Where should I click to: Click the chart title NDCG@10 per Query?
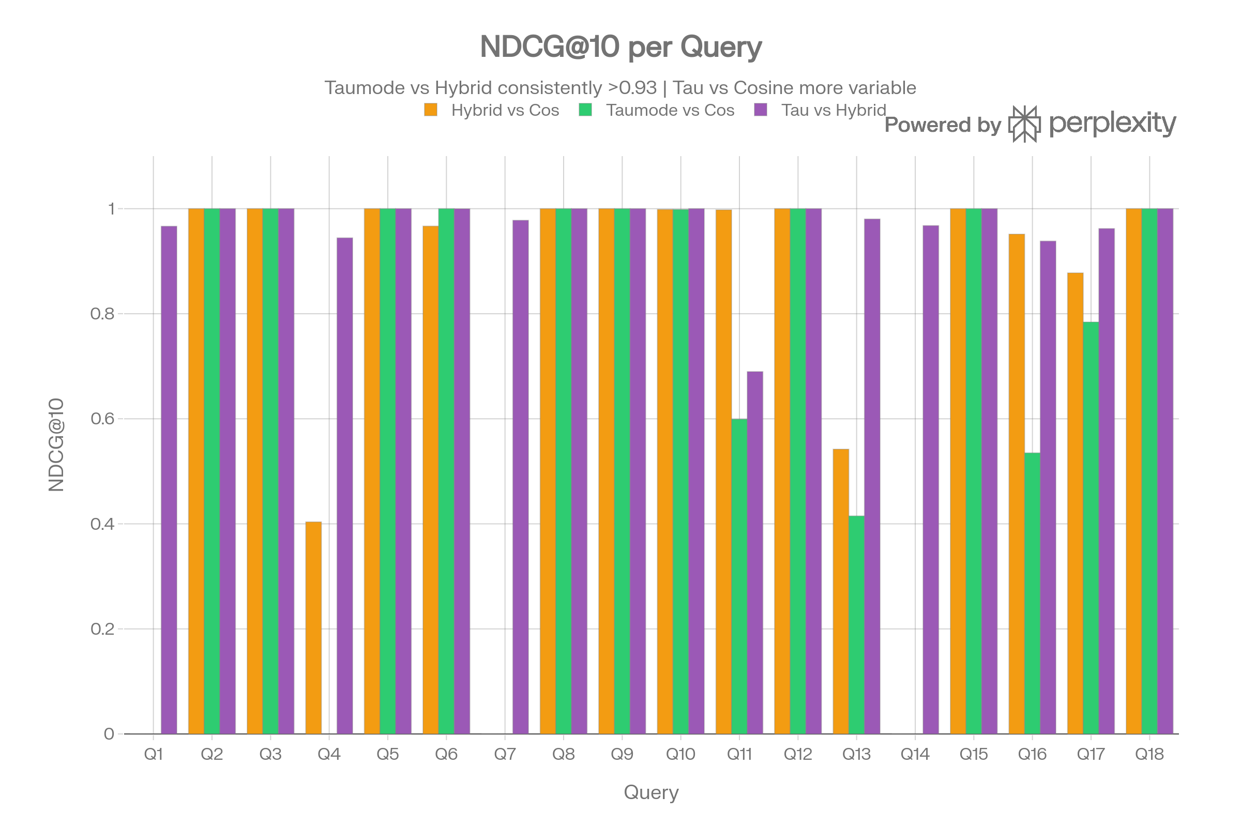click(620, 47)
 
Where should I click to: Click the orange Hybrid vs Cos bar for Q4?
click(313, 627)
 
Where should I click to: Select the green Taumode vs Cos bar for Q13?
click(856, 625)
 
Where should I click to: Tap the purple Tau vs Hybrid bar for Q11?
click(755, 553)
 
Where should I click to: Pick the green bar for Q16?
click(1032, 593)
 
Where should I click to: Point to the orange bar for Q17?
click(1075, 503)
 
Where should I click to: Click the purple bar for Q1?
click(169, 480)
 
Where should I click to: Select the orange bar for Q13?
click(841, 591)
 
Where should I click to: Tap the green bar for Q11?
click(739, 576)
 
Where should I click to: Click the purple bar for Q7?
click(520, 477)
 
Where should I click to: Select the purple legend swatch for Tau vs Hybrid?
click(760, 110)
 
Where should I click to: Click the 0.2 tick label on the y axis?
click(102, 629)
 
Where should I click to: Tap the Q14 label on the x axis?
click(915, 754)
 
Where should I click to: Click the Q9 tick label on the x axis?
click(622, 754)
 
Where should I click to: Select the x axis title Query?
click(651, 792)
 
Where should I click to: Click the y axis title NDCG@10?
click(56, 445)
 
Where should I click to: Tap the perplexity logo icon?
click(1025, 124)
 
